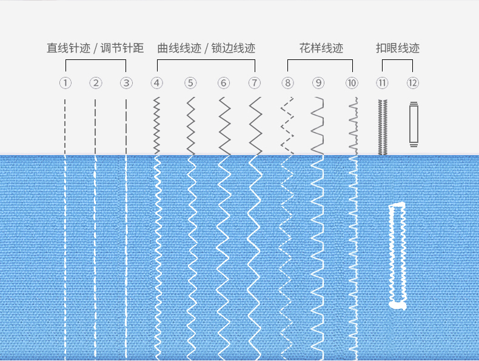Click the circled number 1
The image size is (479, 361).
pos(65,83)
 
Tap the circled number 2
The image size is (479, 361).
pos(96,83)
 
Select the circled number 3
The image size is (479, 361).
pos(126,83)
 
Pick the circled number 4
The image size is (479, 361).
pos(157,83)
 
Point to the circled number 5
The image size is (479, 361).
pos(191,83)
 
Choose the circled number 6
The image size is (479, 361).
pos(224,83)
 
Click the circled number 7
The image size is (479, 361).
pos(255,83)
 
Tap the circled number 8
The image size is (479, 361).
pos(287,83)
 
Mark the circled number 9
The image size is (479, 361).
pos(318,83)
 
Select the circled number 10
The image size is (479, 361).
pos(352,83)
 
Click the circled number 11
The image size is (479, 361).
pos(382,83)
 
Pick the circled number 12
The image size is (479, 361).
pos(413,83)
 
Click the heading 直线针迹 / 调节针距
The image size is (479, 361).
pos(95,48)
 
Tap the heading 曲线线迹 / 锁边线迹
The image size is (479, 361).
pos(206,48)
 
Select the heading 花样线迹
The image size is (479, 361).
pos(321,48)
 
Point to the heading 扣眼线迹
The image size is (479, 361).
pos(398,48)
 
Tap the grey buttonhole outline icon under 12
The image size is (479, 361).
pos(414,124)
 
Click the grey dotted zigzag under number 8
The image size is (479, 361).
pos(287,125)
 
